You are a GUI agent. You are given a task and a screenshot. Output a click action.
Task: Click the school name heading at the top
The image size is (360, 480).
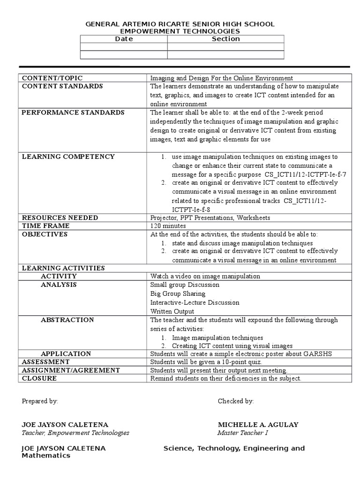coord(180,24)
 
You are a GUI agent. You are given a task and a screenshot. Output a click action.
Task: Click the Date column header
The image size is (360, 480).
coord(124,39)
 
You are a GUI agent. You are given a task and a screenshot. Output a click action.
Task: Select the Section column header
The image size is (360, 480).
coord(225,39)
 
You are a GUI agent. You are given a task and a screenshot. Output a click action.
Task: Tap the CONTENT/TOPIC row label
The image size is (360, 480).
coord(52,78)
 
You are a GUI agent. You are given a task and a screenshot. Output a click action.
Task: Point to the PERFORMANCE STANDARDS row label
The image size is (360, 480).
coord(73,112)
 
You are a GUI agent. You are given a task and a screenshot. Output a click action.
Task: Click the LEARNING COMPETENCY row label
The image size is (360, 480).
coord(68,157)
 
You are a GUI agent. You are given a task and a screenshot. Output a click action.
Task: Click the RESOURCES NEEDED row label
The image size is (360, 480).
coord(60,217)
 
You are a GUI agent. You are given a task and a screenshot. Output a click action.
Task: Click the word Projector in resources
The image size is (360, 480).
coord(162,217)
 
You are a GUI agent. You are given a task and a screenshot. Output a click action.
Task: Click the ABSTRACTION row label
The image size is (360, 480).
coord(67,320)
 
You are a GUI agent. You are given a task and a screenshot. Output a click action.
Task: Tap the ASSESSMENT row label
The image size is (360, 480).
coord(46,362)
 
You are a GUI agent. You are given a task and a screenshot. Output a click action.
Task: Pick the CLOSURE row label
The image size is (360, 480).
coord(39,378)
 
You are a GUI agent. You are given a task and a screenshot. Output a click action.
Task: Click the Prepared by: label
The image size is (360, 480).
coord(40,401)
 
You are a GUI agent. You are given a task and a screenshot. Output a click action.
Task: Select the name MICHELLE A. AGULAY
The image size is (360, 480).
coord(258,425)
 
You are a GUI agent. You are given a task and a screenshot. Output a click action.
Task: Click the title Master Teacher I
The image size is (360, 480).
coord(242,433)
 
